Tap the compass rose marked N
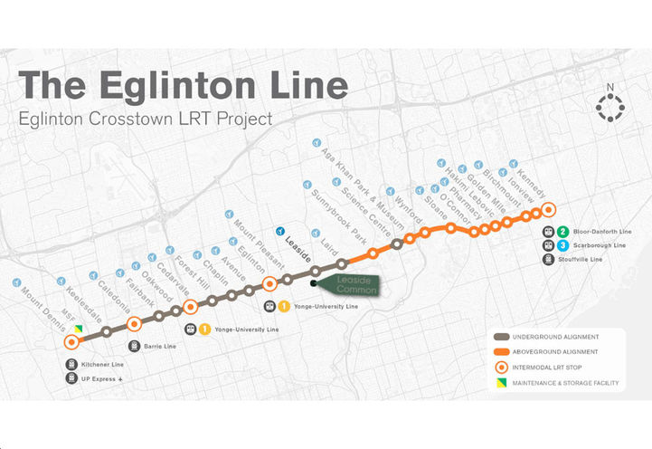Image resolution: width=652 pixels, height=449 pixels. pos(610,107)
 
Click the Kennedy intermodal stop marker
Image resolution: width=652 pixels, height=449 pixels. pos(548,210)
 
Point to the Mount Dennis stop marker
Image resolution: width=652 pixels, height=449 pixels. pos(71,342)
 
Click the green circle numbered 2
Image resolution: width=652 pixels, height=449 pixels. pos(562,232)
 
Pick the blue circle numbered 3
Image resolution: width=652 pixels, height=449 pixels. pos(562,245)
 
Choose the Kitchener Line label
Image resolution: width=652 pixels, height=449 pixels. pos(101,365)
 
